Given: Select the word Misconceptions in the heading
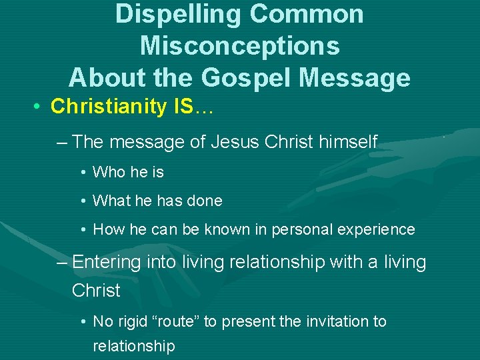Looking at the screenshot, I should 240,46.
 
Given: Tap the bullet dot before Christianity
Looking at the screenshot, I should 40,107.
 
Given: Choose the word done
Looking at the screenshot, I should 207,201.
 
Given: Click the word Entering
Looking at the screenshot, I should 107,263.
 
